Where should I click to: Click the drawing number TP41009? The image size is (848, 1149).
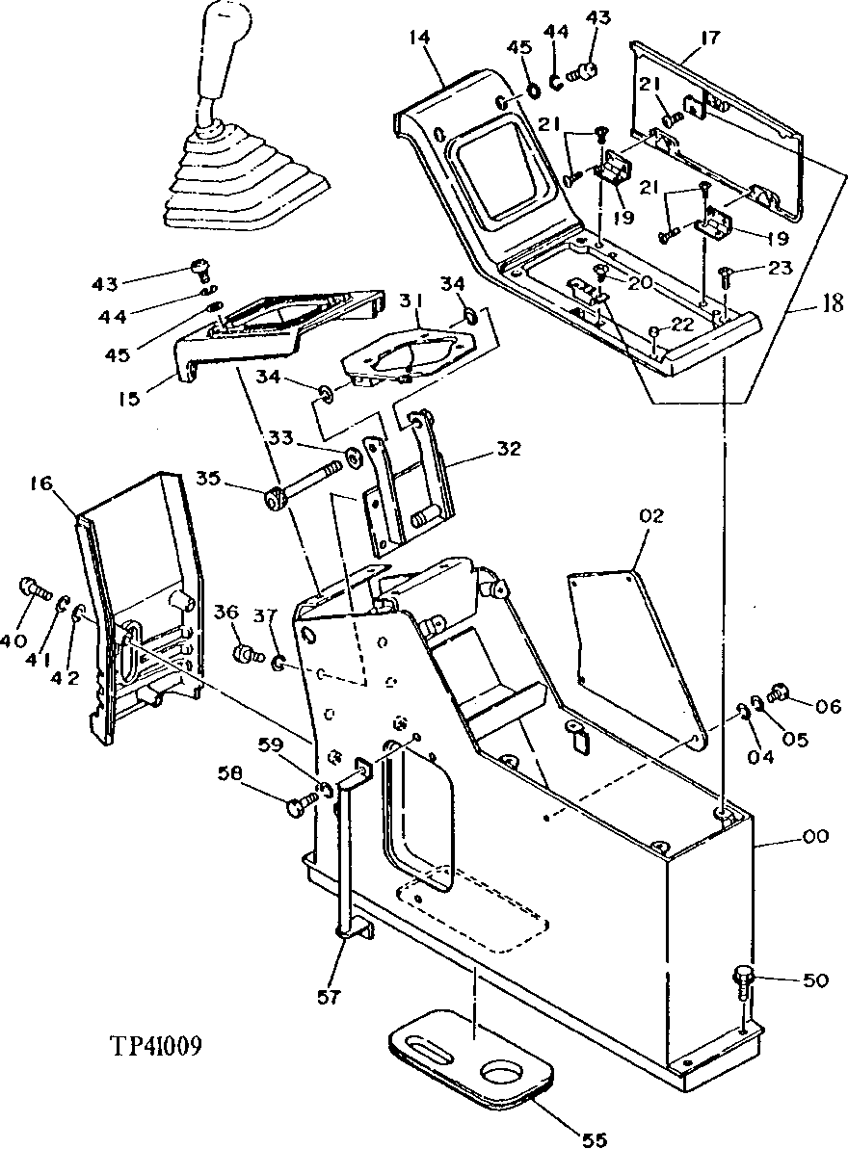click(155, 1046)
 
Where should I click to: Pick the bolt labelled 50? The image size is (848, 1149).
click(745, 980)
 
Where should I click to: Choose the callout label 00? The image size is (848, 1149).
click(815, 838)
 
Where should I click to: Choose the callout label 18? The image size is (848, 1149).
click(832, 305)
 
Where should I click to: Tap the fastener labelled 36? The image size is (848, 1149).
click(248, 656)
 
